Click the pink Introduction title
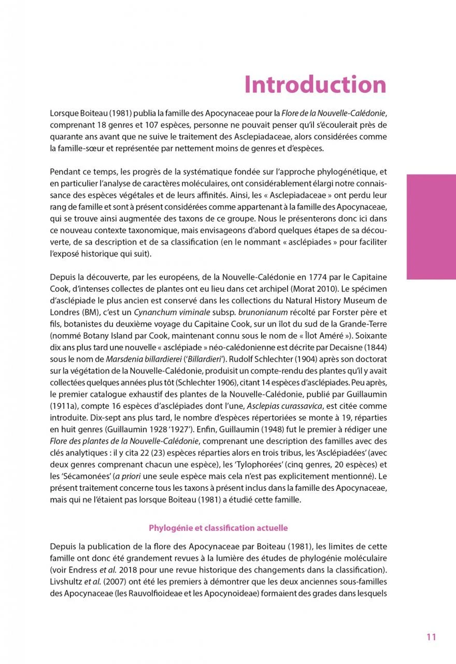click(315, 85)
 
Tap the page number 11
click(431, 637)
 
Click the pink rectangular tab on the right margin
click(431, 227)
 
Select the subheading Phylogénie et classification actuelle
click(218, 528)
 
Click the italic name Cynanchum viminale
click(172, 312)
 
